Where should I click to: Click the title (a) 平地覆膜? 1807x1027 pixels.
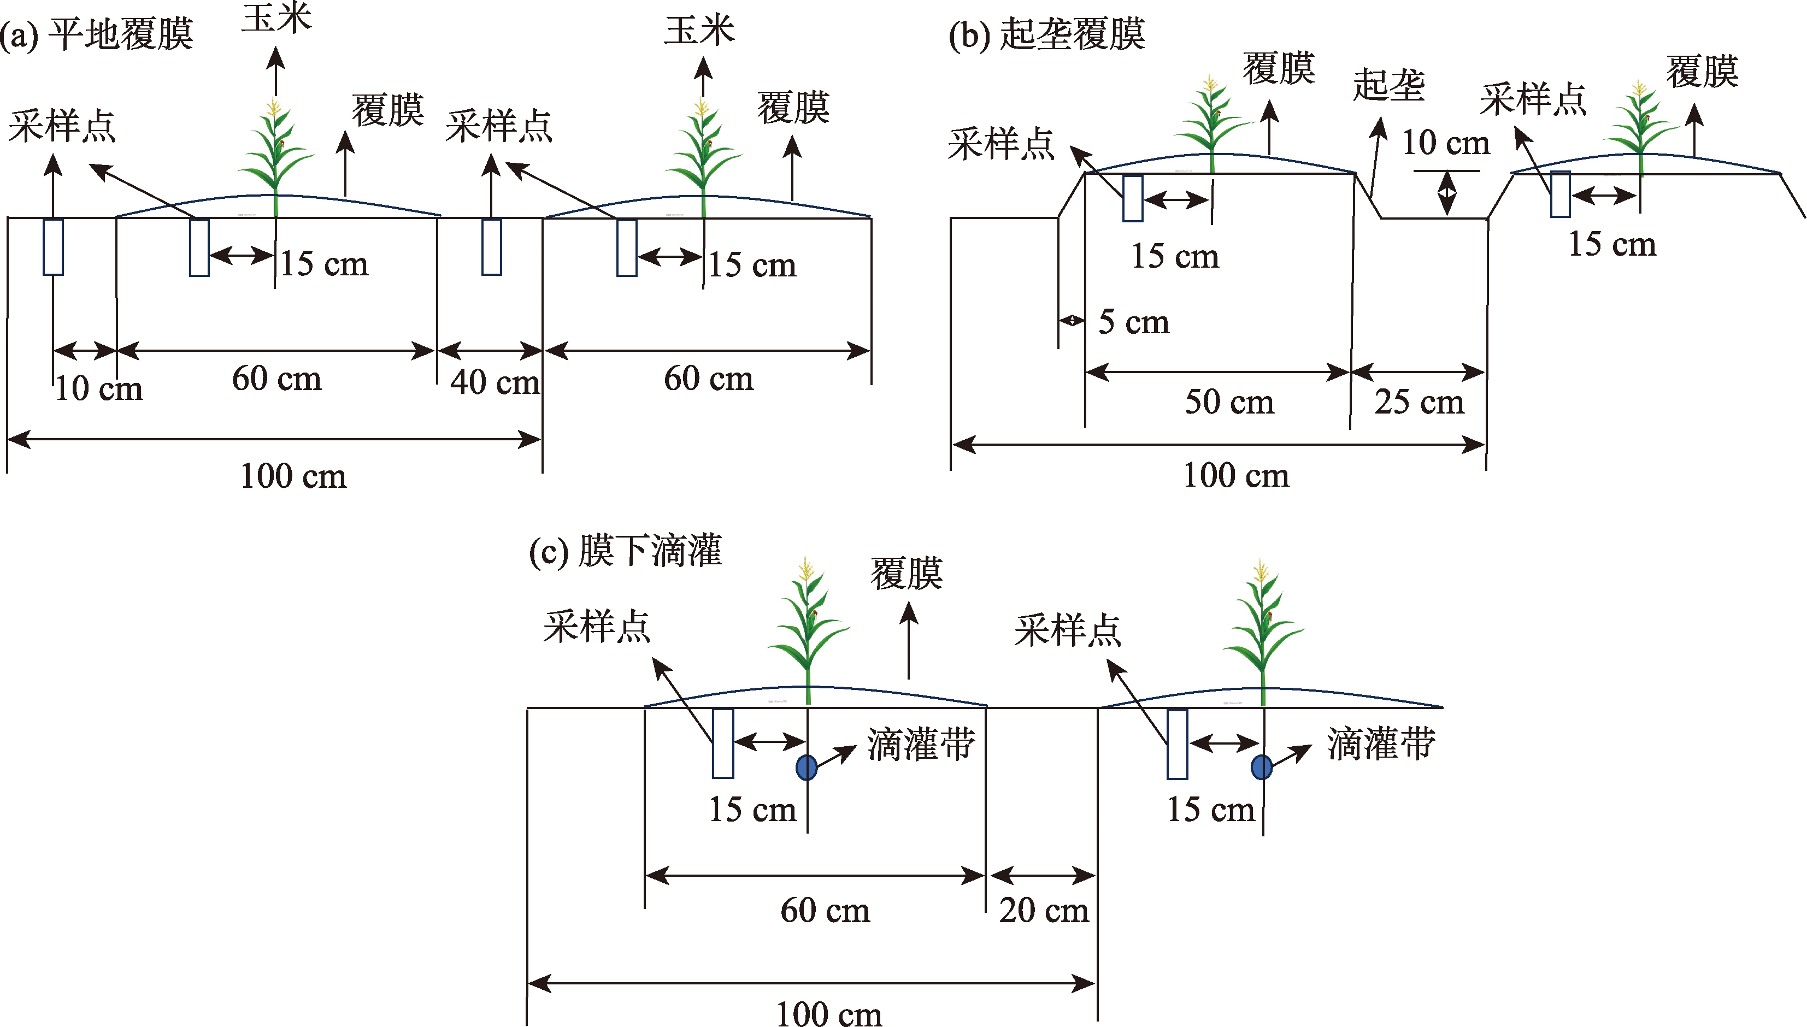(97, 34)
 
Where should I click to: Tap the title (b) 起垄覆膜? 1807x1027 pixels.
(1047, 34)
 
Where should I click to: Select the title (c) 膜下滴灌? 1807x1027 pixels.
(626, 551)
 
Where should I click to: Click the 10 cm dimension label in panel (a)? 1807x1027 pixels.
(99, 388)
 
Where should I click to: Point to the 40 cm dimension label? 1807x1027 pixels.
(495, 382)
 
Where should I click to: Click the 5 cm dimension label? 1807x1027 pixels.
(1133, 322)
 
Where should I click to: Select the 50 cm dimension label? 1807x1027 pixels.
(1229, 402)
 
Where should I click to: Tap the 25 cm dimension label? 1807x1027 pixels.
(1419, 402)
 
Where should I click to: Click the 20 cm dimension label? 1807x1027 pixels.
(1044, 910)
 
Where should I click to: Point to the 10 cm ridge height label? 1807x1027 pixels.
(1445, 143)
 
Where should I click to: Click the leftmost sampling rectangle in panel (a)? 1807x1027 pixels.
(53, 247)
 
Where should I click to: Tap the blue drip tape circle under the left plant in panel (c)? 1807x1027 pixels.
(806, 767)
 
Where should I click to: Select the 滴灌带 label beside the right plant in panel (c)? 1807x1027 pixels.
(1381, 744)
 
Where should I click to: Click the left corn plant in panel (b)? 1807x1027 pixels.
(1212, 123)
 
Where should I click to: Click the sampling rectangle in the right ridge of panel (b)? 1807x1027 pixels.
(1560, 194)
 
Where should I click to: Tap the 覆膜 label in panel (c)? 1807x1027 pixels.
(907, 574)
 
